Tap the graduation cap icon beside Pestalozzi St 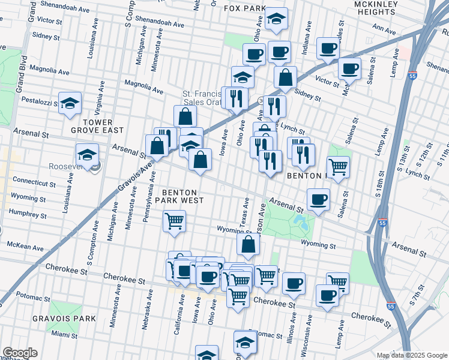70,103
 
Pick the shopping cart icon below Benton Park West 174,221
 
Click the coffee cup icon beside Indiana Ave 328,48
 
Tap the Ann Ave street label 384,28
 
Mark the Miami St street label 64,334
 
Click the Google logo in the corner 19,353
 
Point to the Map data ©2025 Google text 412,355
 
